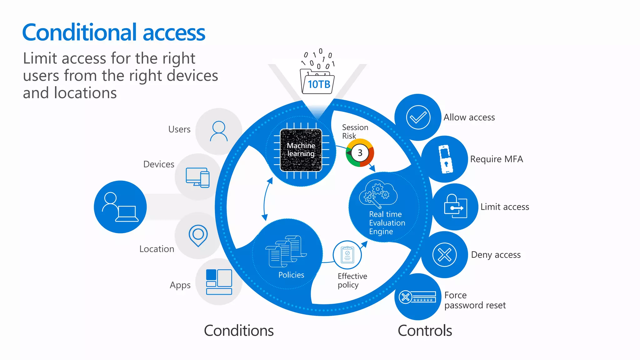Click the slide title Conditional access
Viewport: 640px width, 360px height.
point(113,32)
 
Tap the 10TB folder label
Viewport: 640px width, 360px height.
point(319,84)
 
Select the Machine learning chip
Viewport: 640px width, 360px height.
point(301,150)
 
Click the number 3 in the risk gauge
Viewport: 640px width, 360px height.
point(360,153)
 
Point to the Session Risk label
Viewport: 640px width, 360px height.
point(355,132)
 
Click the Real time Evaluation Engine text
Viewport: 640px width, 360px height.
point(387,223)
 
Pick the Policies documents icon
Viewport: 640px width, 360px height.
point(286,251)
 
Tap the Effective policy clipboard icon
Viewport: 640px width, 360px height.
point(347,255)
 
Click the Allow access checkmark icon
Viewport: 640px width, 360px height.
point(418,117)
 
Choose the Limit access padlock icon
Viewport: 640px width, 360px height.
point(455,207)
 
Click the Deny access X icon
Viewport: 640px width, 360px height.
point(444,255)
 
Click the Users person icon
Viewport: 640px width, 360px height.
point(219,131)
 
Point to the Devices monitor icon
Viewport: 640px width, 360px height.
point(197,177)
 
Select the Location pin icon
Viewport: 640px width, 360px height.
point(198,235)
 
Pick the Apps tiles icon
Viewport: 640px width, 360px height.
point(219,282)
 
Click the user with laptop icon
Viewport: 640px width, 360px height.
point(120,207)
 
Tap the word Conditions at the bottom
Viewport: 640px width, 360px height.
point(239,331)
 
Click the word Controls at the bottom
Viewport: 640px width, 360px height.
point(425,331)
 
